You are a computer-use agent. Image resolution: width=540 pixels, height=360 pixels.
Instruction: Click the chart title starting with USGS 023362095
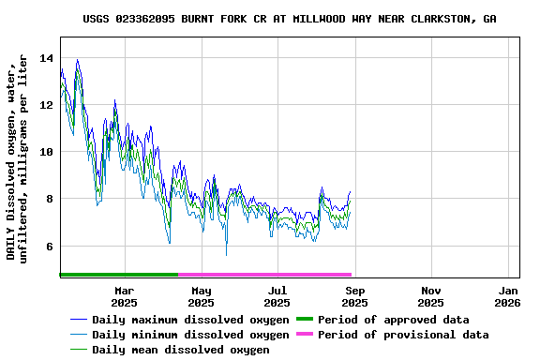coord(289,19)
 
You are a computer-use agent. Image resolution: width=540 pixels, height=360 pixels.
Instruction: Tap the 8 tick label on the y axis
coord(49,199)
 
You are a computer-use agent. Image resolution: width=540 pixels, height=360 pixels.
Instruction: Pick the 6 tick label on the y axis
coord(49,247)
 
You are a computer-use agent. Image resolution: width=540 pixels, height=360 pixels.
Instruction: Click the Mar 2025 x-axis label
coord(124,296)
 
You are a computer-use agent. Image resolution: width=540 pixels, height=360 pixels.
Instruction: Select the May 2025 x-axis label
coord(201,296)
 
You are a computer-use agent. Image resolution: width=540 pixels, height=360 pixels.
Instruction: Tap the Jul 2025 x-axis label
coord(277,296)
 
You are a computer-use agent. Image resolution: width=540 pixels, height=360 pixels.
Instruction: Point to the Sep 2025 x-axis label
coord(354,296)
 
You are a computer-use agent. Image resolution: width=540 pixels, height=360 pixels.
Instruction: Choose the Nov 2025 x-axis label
coord(430,296)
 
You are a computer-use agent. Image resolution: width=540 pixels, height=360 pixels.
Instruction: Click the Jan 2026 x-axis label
coord(507,296)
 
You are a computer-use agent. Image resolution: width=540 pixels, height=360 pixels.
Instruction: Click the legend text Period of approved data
coord(393,320)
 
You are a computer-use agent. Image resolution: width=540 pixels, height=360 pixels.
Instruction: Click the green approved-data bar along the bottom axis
coord(118,275)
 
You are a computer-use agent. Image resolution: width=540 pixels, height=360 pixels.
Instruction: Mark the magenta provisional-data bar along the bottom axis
coord(264,275)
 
